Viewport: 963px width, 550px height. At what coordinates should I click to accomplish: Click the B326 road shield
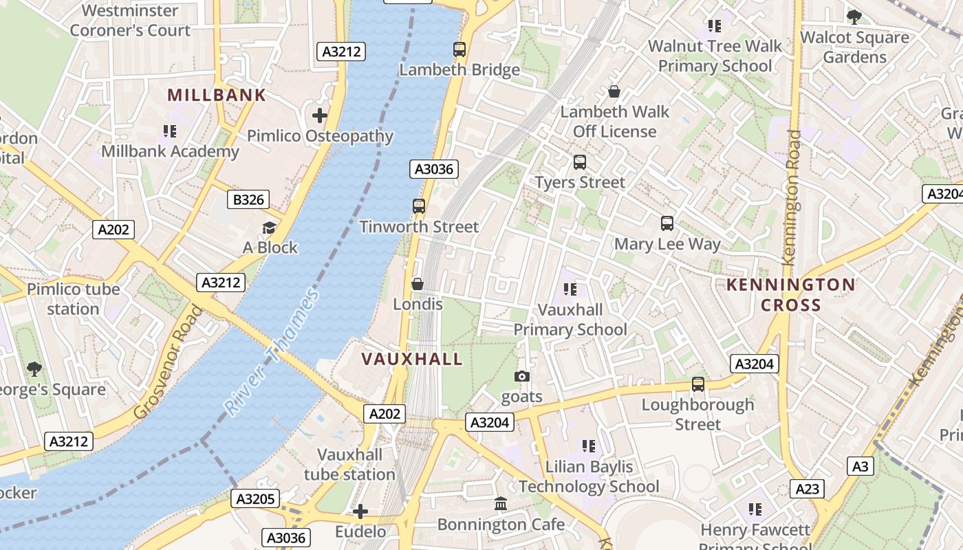(x=248, y=200)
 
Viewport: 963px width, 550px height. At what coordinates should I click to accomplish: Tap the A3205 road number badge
(x=255, y=498)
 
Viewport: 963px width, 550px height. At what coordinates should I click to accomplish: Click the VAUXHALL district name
(x=412, y=359)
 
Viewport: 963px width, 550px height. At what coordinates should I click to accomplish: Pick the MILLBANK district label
(x=217, y=96)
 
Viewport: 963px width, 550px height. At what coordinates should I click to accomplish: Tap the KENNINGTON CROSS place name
(x=791, y=295)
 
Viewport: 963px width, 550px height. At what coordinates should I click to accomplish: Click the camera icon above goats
(x=522, y=376)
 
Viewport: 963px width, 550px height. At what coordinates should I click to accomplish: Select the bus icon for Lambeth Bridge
(x=459, y=49)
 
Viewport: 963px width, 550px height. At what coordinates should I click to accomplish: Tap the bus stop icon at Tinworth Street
(x=418, y=206)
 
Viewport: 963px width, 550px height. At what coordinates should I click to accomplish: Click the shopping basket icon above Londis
(x=418, y=284)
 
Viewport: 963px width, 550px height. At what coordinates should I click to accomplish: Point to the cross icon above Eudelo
(x=360, y=511)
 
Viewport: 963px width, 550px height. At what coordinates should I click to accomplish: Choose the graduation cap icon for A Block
(x=269, y=228)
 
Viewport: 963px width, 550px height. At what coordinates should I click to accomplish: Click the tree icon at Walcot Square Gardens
(x=854, y=17)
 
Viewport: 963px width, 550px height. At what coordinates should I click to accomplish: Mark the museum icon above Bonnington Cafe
(x=501, y=504)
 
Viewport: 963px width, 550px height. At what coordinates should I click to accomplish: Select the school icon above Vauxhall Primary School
(x=570, y=289)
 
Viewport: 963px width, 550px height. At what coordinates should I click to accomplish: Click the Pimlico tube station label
(x=73, y=299)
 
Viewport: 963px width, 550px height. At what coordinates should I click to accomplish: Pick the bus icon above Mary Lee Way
(x=667, y=223)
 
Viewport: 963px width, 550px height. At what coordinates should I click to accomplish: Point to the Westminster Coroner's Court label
(x=130, y=21)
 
